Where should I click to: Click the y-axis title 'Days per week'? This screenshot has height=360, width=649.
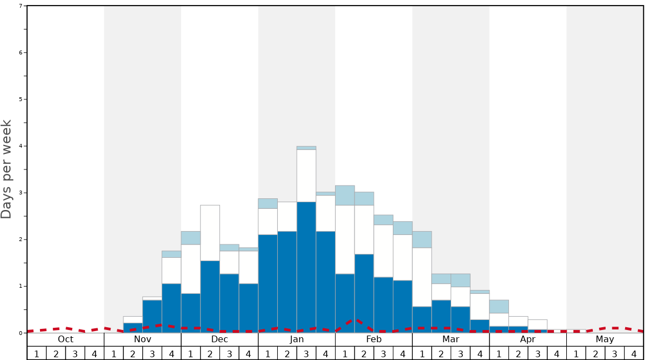(x=7, y=169)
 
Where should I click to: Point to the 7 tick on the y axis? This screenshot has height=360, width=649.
(x=21, y=6)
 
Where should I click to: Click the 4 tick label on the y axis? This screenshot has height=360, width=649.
(x=21, y=146)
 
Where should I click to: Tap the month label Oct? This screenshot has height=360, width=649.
(x=66, y=339)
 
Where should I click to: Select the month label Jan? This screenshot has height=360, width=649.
(x=297, y=339)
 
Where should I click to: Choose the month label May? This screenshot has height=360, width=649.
(x=605, y=339)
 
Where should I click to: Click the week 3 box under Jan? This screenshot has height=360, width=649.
(x=306, y=353)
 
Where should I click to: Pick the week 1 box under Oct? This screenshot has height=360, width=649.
(x=37, y=353)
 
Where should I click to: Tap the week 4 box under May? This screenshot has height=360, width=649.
(x=633, y=353)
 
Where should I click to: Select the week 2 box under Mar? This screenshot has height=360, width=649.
(x=441, y=353)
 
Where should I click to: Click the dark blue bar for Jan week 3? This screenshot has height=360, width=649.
(x=306, y=267)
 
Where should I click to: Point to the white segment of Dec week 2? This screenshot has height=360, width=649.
(x=210, y=233)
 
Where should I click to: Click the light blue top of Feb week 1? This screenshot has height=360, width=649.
(x=345, y=195)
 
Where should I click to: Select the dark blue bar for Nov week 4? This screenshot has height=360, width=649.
(x=171, y=308)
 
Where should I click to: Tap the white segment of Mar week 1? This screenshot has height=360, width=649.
(x=422, y=277)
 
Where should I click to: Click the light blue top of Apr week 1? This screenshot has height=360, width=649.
(x=499, y=306)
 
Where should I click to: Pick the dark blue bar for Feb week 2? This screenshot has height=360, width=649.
(x=364, y=293)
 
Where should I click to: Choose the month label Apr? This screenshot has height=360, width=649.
(x=528, y=339)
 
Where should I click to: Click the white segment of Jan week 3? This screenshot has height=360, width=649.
(x=306, y=176)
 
